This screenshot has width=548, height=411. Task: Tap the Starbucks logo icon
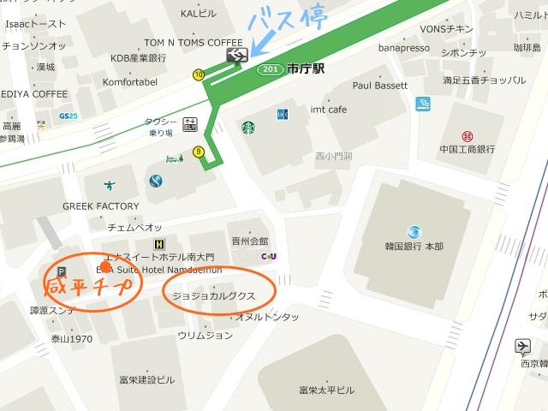click(247, 128)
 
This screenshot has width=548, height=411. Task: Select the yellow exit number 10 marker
click(199, 75)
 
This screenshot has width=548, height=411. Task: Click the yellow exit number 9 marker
click(199, 152)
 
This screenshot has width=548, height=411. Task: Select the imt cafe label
click(328, 110)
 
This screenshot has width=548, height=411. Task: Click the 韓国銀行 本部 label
click(414, 247)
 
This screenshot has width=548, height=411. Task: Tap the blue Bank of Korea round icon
click(414, 231)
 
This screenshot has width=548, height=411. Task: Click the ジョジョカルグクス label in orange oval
click(213, 295)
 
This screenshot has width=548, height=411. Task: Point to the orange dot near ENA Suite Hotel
click(105, 266)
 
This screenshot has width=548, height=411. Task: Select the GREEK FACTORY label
click(100, 206)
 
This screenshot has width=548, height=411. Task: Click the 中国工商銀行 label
click(467, 150)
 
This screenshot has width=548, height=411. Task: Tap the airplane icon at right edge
click(522, 347)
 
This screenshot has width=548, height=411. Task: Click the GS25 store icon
click(68, 116)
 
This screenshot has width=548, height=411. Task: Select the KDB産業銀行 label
click(138, 58)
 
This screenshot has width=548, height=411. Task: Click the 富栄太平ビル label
click(326, 390)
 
